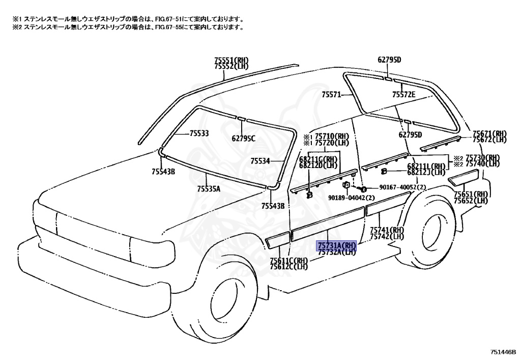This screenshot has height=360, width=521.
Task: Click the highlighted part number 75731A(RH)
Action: point(337,246)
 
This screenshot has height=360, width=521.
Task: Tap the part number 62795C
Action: point(244,138)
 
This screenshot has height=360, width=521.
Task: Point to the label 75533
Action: point(199,133)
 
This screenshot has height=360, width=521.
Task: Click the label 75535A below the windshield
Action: point(209,189)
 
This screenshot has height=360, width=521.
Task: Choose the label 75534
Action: point(260,161)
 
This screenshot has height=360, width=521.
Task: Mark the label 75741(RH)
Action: point(387,230)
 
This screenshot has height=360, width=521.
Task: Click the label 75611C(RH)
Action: point(289,261)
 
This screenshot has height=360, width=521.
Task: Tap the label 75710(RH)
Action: point(332,136)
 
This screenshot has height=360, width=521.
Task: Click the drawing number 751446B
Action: point(503,351)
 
